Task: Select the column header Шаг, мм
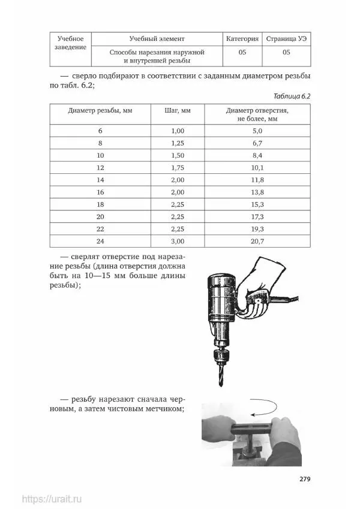pyautogui.click(x=177, y=111)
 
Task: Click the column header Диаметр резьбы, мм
pyautogui.click(x=92, y=111)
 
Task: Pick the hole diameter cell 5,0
pyautogui.click(x=257, y=131)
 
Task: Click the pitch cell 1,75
pyautogui.click(x=177, y=167)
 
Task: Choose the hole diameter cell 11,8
pyautogui.click(x=257, y=180)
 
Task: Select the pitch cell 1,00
pyautogui.click(x=177, y=131)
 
